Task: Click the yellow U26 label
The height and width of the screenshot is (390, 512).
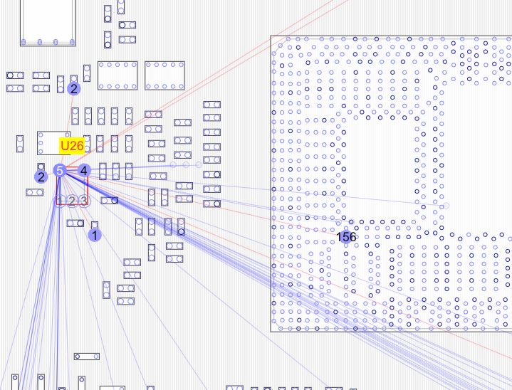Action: point(72,146)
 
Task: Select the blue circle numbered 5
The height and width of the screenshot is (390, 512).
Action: point(61,170)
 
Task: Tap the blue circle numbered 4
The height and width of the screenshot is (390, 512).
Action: point(84,170)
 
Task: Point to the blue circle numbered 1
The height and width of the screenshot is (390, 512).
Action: point(95,233)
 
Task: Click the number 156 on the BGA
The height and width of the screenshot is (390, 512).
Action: point(347,236)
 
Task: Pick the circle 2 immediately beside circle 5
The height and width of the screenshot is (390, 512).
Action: point(41,176)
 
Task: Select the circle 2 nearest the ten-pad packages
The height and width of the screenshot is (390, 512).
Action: point(73,89)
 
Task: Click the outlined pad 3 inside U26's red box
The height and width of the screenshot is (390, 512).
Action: point(83,201)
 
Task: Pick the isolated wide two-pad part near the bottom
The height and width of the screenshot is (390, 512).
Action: point(87,356)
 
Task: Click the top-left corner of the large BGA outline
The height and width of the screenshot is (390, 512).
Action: point(271,36)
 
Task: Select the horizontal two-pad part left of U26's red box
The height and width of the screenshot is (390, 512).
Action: point(34,192)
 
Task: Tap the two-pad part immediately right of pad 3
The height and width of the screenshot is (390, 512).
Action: point(110,201)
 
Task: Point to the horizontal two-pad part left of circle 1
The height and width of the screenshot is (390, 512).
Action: point(75,223)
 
